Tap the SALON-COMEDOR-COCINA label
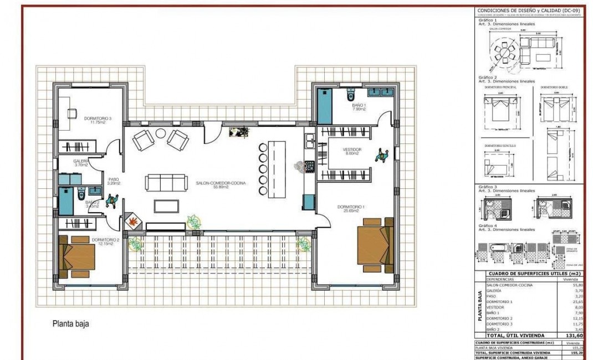(221, 182)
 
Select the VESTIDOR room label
(351, 150)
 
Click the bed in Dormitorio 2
(71, 256)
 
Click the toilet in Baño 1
(349, 92)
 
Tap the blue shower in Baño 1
(324, 105)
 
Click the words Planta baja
(70, 325)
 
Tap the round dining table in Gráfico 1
(504, 52)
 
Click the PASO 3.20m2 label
(114, 181)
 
